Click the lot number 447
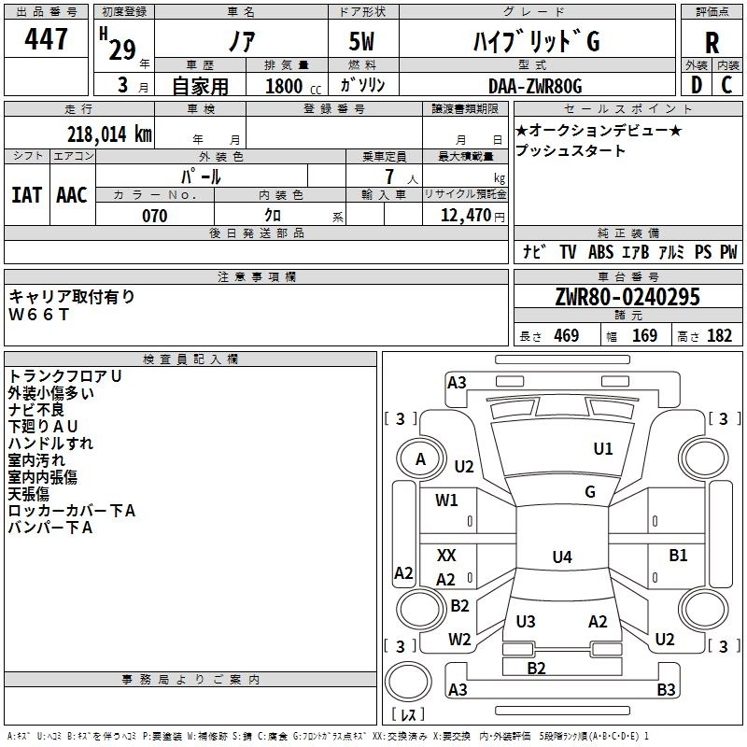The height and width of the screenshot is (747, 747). point(46,38)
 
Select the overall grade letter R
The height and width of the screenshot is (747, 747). point(712,43)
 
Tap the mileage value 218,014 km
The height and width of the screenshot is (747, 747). point(109,134)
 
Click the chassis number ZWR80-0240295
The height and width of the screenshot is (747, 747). point(627,297)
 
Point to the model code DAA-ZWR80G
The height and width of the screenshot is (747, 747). point(535,86)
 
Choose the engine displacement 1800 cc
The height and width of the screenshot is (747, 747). point(293,86)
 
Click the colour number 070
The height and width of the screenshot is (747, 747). point(155,216)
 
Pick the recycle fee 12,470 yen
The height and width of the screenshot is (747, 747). point(472,216)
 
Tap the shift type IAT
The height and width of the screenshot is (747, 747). point(26,195)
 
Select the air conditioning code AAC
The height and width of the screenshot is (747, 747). point(72,195)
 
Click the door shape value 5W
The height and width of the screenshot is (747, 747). point(361,41)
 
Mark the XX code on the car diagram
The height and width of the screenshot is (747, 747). point(446,555)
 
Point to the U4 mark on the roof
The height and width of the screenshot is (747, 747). point(562,557)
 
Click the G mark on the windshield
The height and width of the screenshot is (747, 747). point(590,491)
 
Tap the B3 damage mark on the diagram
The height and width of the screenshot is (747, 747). point(666,689)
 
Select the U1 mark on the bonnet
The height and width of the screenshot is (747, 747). point(603,448)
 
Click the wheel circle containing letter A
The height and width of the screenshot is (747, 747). point(420,459)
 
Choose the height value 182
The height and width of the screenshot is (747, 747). point(719,336)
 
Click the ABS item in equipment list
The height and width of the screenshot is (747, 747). point(600,252)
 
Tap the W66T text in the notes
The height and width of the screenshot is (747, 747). point(39,315)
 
